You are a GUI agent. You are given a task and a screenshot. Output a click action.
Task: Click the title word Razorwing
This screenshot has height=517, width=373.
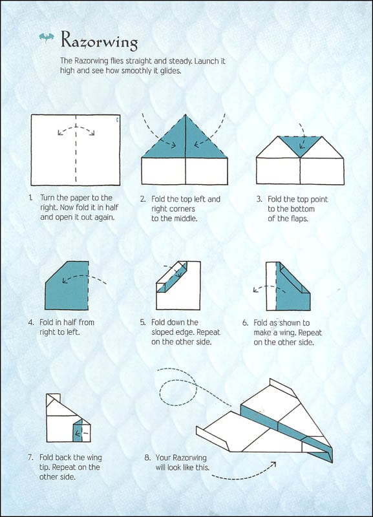(x=99, y=41)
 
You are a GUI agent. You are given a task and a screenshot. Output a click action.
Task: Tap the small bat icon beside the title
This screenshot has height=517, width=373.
(x=47, y=37)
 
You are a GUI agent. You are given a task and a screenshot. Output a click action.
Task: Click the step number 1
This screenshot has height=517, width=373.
(x=30, y=198)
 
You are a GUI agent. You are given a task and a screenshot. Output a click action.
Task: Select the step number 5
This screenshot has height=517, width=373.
(x=142, y=322)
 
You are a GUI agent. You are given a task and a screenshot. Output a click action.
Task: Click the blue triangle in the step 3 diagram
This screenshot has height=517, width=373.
(x=299, y=146)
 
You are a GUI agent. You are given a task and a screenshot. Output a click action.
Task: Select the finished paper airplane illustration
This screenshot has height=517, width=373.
(x=265, y=420)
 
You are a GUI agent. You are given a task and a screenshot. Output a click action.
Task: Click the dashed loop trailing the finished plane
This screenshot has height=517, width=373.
(x=178, y=394)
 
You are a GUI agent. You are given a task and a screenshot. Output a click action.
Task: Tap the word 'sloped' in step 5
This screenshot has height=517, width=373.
(x=165, y=332)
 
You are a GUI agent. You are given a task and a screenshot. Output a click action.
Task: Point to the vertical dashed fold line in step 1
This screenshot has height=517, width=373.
(x=76, y=149)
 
